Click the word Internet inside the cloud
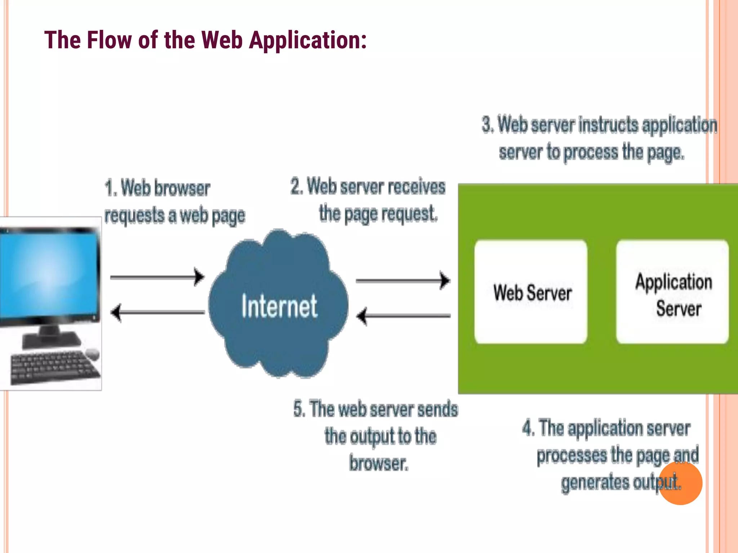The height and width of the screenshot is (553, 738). [279, 306]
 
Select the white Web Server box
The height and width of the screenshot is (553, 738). [531, 292]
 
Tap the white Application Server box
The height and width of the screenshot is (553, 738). [672, 292]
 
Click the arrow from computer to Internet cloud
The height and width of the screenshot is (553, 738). [157, 277]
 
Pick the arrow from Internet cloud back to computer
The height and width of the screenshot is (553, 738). [157, 312]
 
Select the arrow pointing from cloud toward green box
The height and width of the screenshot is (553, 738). [403, 280]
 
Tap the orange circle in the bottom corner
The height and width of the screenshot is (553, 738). [681, 483]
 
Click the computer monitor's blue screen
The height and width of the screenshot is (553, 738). [49, 274]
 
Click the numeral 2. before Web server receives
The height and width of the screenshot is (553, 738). [297, 187]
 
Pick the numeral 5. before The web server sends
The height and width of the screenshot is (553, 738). [299, 409]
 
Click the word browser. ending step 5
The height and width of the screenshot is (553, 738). [378, 463]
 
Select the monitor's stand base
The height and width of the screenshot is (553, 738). [50, 339]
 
